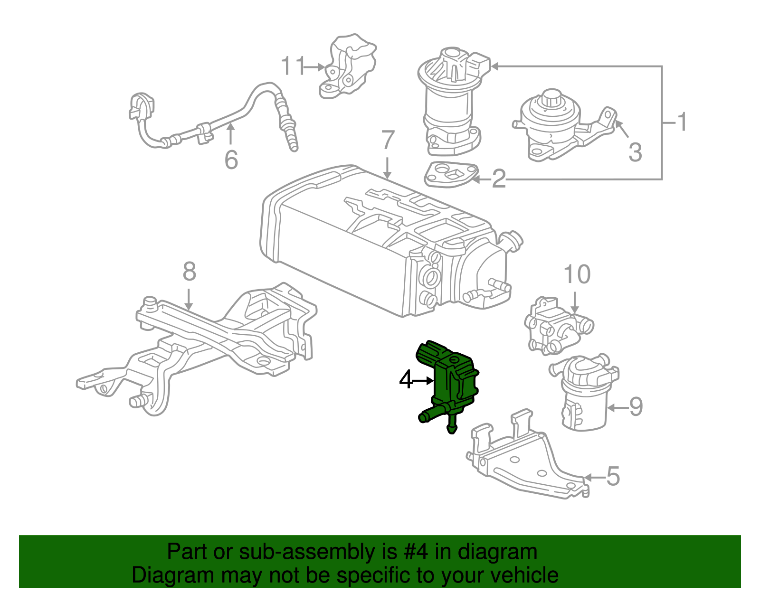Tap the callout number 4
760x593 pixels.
(406, 380)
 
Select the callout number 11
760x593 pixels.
(293, 66)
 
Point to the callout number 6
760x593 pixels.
(231, 160)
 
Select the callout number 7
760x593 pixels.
(388, 140)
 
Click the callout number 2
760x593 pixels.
(499, 179)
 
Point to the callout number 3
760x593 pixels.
(635, 152)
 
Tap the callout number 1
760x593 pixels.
(682, 122)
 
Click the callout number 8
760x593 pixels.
(189, 272)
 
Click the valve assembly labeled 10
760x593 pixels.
(556, 328)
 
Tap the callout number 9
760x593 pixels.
(636, 407)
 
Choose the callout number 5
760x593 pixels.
(613, 476)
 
